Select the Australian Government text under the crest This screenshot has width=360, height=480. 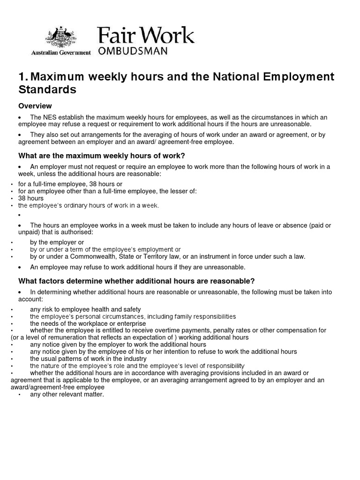61,53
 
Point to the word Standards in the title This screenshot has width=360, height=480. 47,89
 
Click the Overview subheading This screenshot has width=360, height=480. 35,106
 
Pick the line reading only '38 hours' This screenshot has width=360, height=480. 31,198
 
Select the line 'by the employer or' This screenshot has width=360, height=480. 57,242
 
